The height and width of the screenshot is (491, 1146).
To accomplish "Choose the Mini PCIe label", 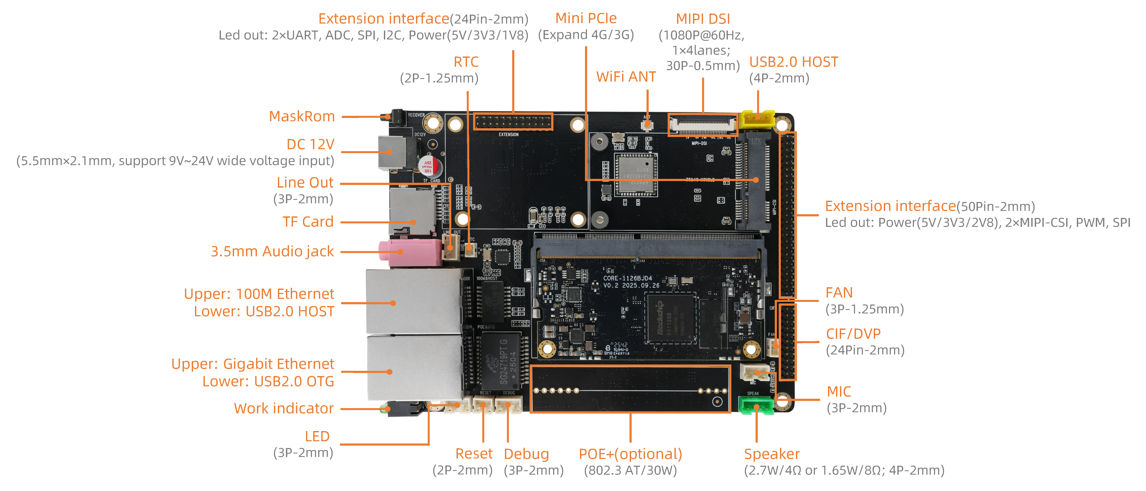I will (586, 18).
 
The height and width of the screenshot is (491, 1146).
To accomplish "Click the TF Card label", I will (308, 221).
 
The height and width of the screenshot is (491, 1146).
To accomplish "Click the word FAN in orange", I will (839, 293).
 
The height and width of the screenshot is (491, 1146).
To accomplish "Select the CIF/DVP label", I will (853, 334).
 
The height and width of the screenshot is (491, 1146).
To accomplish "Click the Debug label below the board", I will (526, 454).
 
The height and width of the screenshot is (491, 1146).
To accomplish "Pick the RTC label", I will (466, 62).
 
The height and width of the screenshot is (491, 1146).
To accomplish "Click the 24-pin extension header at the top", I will (513, 121).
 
